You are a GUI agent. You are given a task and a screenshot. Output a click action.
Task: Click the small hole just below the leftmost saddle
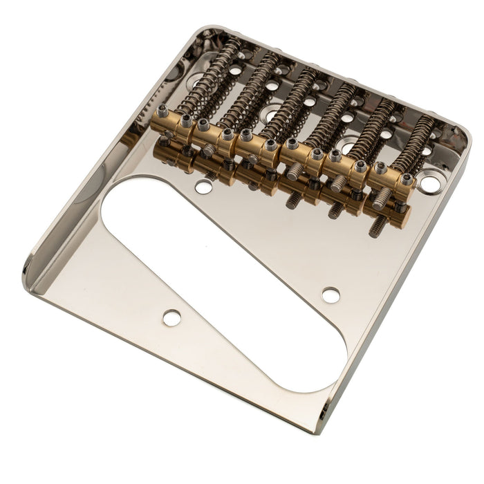pos(203,187)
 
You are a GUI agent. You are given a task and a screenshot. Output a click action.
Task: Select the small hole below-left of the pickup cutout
pos(171,317)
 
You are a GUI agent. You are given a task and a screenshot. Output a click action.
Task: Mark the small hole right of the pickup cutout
pos(331,295)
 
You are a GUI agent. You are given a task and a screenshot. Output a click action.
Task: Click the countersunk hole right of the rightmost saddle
pos(430,184)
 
